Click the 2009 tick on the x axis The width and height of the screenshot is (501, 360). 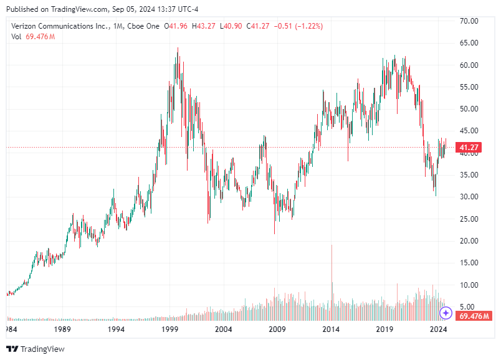(x=277, y=328)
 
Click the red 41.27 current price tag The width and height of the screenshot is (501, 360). (x=468, y=148)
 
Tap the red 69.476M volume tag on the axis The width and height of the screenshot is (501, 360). (x=474, y=316)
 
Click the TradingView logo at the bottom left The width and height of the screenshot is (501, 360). (x=36, y=349)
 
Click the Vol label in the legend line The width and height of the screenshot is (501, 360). (x=17, y=37)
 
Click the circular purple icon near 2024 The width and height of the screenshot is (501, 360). (x=446, y=313)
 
